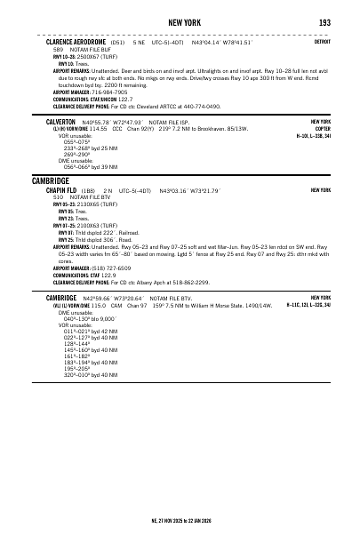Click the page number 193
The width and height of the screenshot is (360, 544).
tap(325, 20)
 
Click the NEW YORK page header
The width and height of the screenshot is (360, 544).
tap(180, 20)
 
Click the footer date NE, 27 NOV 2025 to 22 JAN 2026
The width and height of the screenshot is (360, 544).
tap(180, 520)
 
